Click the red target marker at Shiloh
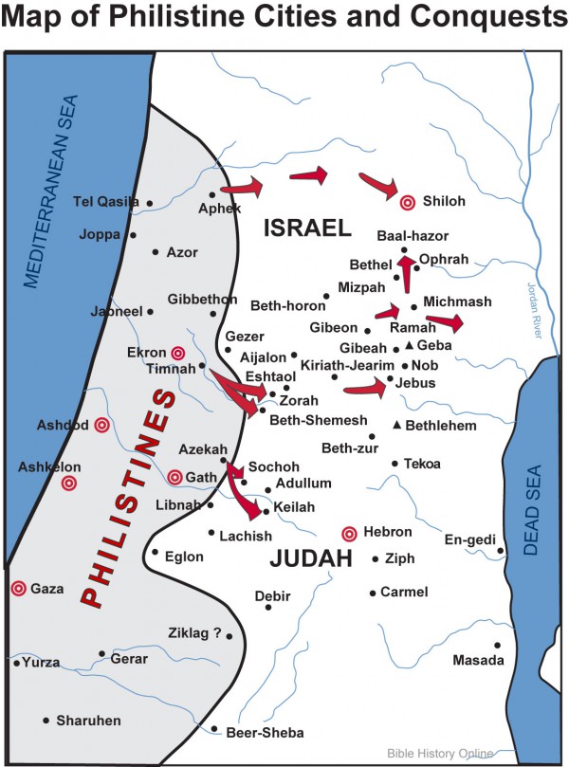408,202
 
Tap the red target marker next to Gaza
17,589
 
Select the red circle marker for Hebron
349,533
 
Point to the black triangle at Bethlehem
397,426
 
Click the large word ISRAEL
307,228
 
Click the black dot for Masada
497,645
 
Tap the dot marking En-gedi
500,551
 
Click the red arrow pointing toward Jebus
365,386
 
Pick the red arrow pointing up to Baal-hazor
406,274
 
